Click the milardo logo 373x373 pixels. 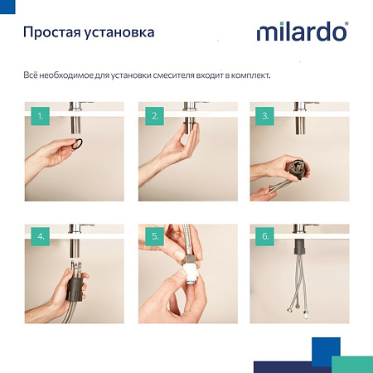click(302, 34)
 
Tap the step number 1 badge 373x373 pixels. click(40, 115)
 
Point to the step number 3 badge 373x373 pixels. click(265, 115)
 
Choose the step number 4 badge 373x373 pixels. click(40, 236)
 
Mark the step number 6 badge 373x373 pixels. click(265, 236)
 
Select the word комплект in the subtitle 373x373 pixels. click(250, 75)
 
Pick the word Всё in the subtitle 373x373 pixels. click(31, 75)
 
